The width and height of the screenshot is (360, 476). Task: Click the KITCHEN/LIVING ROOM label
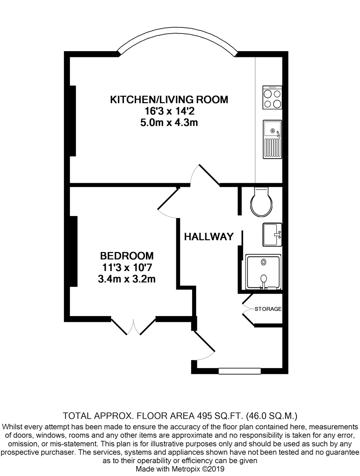pos(169,100)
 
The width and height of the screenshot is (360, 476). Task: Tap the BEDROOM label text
pos(127,256)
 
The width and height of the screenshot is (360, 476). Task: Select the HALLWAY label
pos(208,237)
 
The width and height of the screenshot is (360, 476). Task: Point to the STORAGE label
pos(268,309)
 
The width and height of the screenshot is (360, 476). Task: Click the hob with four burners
pos(272,97)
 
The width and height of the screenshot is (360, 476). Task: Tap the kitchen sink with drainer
pos(272,139)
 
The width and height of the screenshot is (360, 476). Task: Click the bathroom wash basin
pos(272,234)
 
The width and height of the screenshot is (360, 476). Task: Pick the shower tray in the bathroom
pos(263,272)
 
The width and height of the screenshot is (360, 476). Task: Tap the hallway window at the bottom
pos(239,372)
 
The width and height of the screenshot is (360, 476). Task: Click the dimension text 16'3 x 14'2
pos(169,111)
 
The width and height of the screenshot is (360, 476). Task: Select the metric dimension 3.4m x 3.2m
pos(127,279)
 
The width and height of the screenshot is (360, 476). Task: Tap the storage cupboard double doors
pos(248,309)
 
